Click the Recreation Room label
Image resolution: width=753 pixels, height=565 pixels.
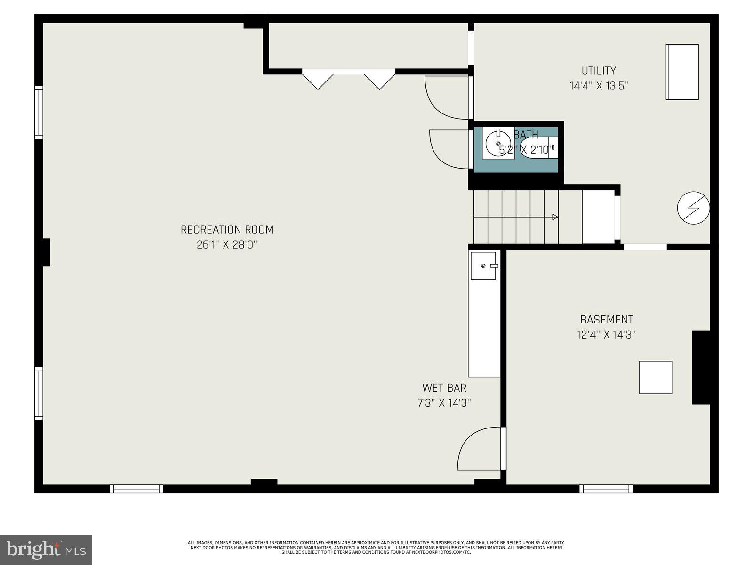(x=227, y=229)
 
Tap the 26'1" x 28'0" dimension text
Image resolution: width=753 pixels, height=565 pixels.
(x=227, y=245)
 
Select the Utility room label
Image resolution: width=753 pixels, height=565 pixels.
(x=599, y=71)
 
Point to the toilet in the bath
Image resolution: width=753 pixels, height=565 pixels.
(x=537, y=147)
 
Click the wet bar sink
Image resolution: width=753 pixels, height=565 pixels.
(x=484, y=266)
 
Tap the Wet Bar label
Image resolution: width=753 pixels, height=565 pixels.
(x=444, y=388)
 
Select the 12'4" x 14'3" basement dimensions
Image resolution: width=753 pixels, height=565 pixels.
(x=607, y=335)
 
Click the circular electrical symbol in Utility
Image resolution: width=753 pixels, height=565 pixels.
(x=693, y=208)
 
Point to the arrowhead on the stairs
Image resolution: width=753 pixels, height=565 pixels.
(x=555, y=217)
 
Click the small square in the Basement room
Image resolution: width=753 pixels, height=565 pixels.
(x=655, y=377)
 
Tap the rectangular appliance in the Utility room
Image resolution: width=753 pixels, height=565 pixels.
(x=682, y=72)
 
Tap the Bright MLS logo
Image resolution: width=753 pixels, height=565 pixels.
(x=46, y=549)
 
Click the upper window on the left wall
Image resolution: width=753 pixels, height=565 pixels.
(x=39, y=112)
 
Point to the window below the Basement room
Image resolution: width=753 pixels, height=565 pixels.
(x=606, y=489)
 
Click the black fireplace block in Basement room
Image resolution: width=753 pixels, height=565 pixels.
(x=700, y=367)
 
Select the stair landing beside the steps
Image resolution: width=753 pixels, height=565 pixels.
(x=598, y=217)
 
